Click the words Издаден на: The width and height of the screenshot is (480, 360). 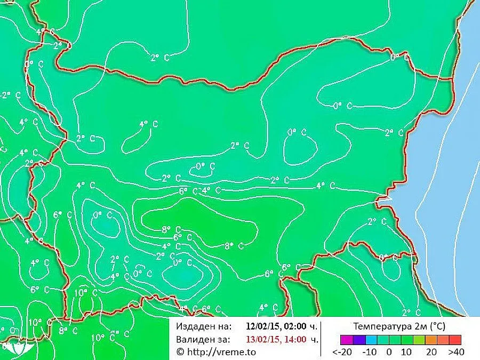[x=203, y=325]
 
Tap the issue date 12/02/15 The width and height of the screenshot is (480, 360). [x=261, y=325]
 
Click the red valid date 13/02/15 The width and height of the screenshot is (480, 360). [x=261, y=339]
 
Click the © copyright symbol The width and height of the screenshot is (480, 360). [x=180, y=352]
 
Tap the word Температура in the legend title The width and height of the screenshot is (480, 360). [x=381, y=325]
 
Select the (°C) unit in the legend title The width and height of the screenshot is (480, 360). [x=436, y=325]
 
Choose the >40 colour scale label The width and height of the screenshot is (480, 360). [x=455, y=352]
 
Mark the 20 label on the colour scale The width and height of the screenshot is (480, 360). [x=431, y=352]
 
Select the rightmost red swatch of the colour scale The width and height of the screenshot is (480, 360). [x=455, y=339]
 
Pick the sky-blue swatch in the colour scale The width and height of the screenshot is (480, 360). [x=371, y=339]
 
